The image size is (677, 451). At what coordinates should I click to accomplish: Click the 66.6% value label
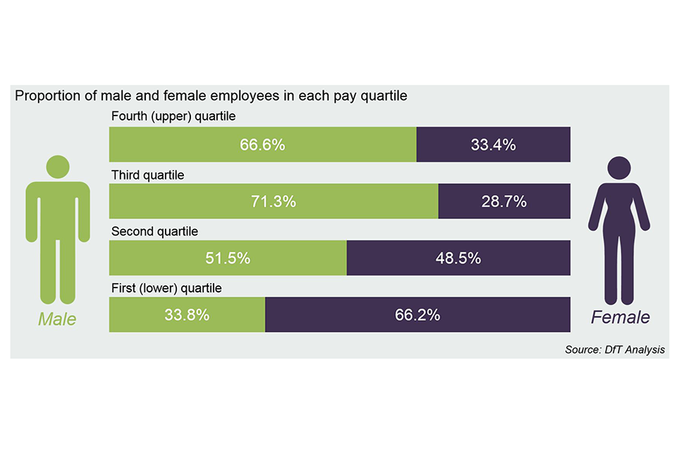pos(262,145)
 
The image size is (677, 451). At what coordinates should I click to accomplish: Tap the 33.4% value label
pos(493,145)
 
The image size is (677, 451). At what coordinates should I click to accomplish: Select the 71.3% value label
pos(274,202)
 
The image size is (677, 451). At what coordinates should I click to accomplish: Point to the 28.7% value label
pos(504,202)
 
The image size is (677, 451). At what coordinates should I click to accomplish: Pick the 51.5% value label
pos(228,258)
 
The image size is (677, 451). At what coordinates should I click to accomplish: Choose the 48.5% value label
pos(458,258)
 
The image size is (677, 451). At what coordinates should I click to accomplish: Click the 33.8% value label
pos(187,314)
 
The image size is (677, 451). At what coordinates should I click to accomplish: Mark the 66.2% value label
pos(417,314)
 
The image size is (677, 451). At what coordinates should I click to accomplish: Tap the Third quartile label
pos(148,174)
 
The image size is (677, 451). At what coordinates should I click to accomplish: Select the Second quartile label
pos(155,230)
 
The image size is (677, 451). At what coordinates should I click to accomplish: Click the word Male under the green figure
pos(57,319)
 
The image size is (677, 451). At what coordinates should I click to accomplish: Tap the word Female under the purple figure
pos(620,318)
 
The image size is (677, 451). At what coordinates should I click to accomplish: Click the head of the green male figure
pos(58,166)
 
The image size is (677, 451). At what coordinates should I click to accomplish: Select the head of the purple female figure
pos(620,168)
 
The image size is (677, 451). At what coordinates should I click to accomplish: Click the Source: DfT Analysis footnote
pos(614,350)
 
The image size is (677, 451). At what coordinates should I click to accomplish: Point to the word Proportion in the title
pos(44,96)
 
